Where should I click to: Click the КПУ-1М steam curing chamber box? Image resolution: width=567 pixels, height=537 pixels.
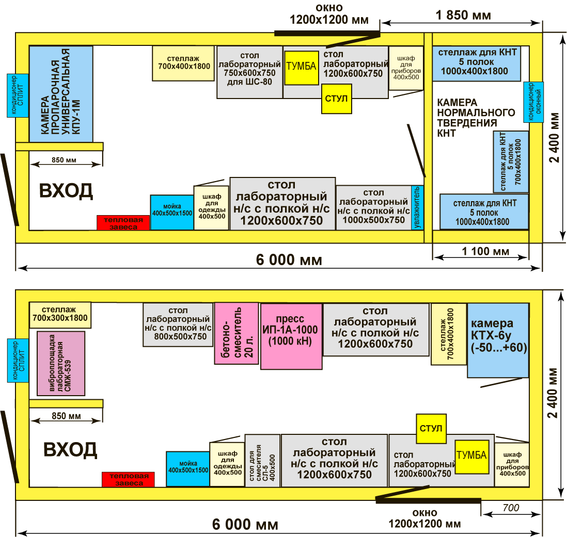pos(61,94)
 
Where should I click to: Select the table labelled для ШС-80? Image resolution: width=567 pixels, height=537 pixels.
pos(249,72)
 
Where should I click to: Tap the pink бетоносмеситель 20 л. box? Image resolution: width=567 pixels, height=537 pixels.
pos(237,333)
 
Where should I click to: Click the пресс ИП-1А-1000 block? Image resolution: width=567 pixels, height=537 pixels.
pos(291,336)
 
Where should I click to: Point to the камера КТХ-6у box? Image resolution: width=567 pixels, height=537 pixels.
pos(498,340)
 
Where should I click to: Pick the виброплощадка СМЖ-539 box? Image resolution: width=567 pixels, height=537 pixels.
pos(61,363)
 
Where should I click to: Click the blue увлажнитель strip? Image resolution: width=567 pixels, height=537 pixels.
pos(417,208)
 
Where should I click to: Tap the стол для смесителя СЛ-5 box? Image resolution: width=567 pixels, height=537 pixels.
pos(262,461)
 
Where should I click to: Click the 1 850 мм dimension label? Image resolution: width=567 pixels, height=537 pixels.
pos(463,15)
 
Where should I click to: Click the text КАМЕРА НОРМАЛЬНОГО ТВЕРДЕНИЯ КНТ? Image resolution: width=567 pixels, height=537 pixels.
pos(476,118)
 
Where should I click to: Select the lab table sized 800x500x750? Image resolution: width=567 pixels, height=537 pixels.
pos(178,324)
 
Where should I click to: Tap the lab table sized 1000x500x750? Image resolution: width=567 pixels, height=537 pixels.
pos(373,207)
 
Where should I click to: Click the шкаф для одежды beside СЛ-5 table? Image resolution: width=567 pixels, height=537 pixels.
pos(227,464)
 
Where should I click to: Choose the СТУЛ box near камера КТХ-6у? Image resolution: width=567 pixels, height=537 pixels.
pos(431,429)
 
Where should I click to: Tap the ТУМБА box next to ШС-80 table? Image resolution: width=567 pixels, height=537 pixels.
pos(301,68)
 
